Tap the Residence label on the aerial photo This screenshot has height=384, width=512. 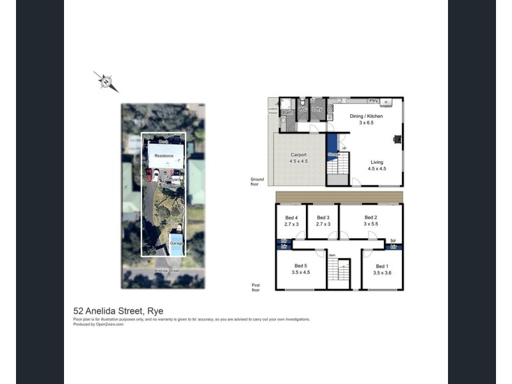164,156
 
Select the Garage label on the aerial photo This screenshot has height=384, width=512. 175,244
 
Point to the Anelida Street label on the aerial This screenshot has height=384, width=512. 166,271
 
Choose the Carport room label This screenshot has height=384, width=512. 298,155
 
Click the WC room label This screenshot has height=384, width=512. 303,109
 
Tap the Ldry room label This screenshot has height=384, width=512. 317,109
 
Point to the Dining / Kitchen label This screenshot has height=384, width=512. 365,116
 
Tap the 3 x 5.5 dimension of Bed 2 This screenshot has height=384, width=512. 370,224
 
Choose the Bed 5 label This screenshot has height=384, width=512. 301,266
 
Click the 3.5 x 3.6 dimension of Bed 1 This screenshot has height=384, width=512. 382,273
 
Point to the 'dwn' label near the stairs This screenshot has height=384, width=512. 332,255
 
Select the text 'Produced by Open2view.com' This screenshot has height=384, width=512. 99,324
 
